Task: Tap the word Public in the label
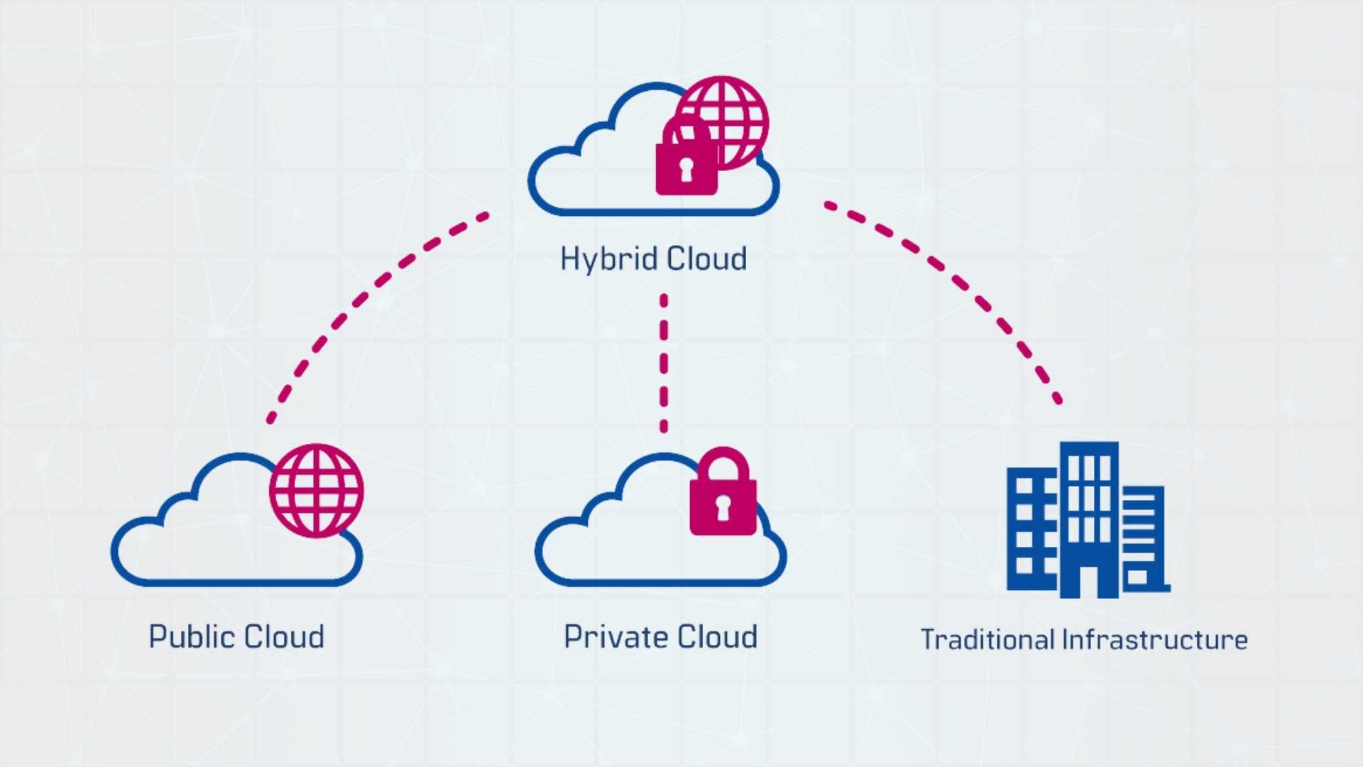pyautogui.click(x=187, y=637)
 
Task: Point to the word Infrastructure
pyautogui.click(x=1155, y=640)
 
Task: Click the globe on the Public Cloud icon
pyautogui.click(x=317, y=491)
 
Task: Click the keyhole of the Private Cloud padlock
pyautogui.click(x=723, y=508)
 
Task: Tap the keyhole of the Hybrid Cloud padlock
pyautogui.click(x=686, y=169)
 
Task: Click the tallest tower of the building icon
pyautogui.click(x=1090, y=497)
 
